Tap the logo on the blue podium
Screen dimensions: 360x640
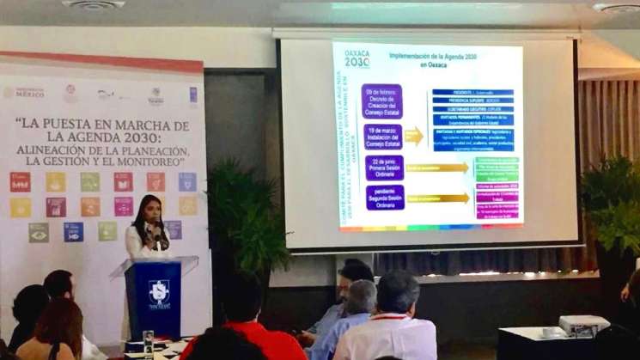159,292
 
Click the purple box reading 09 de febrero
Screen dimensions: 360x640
381,100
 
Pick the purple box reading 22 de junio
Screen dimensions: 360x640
383,167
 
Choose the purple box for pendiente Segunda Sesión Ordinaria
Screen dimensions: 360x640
383,197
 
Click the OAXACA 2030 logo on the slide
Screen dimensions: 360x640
357,58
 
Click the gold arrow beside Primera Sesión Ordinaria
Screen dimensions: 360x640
438,168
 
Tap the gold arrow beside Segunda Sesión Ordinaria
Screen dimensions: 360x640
438,198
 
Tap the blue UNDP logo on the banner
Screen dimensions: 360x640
193,94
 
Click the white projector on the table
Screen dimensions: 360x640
583,325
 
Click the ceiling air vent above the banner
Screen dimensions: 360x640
94,4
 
